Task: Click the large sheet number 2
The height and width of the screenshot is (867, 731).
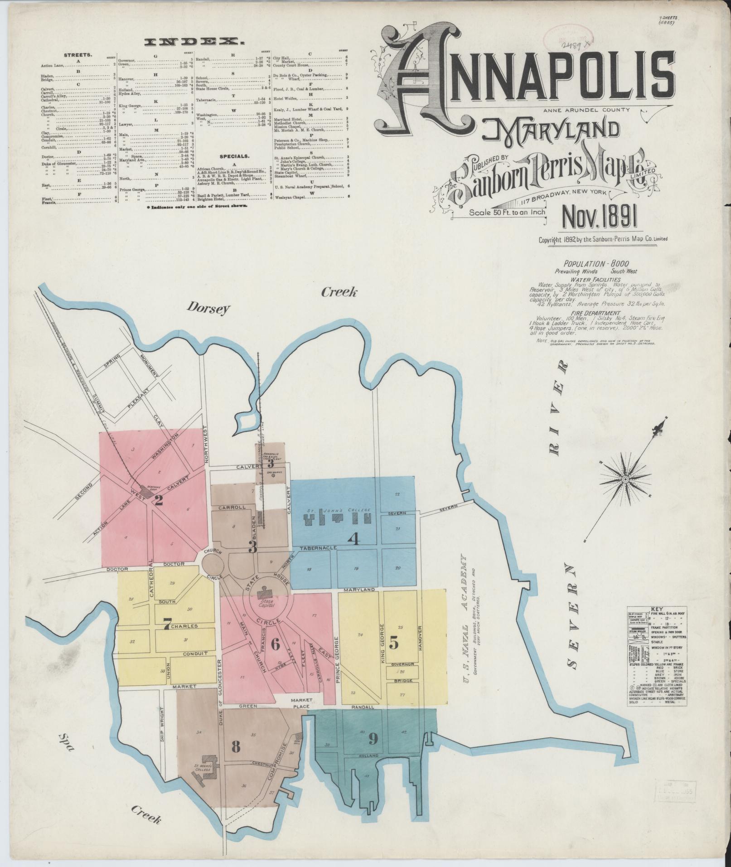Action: [x=159, y=501]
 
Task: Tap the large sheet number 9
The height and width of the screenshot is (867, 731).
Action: [x=373, y=739]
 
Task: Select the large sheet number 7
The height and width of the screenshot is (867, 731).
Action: [x=167, y=627]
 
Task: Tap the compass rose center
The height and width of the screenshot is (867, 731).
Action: [x=625, y=480]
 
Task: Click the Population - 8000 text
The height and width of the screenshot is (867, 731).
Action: [x=596, y=263]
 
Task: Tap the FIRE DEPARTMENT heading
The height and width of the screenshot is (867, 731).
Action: [x=596, y=313]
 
